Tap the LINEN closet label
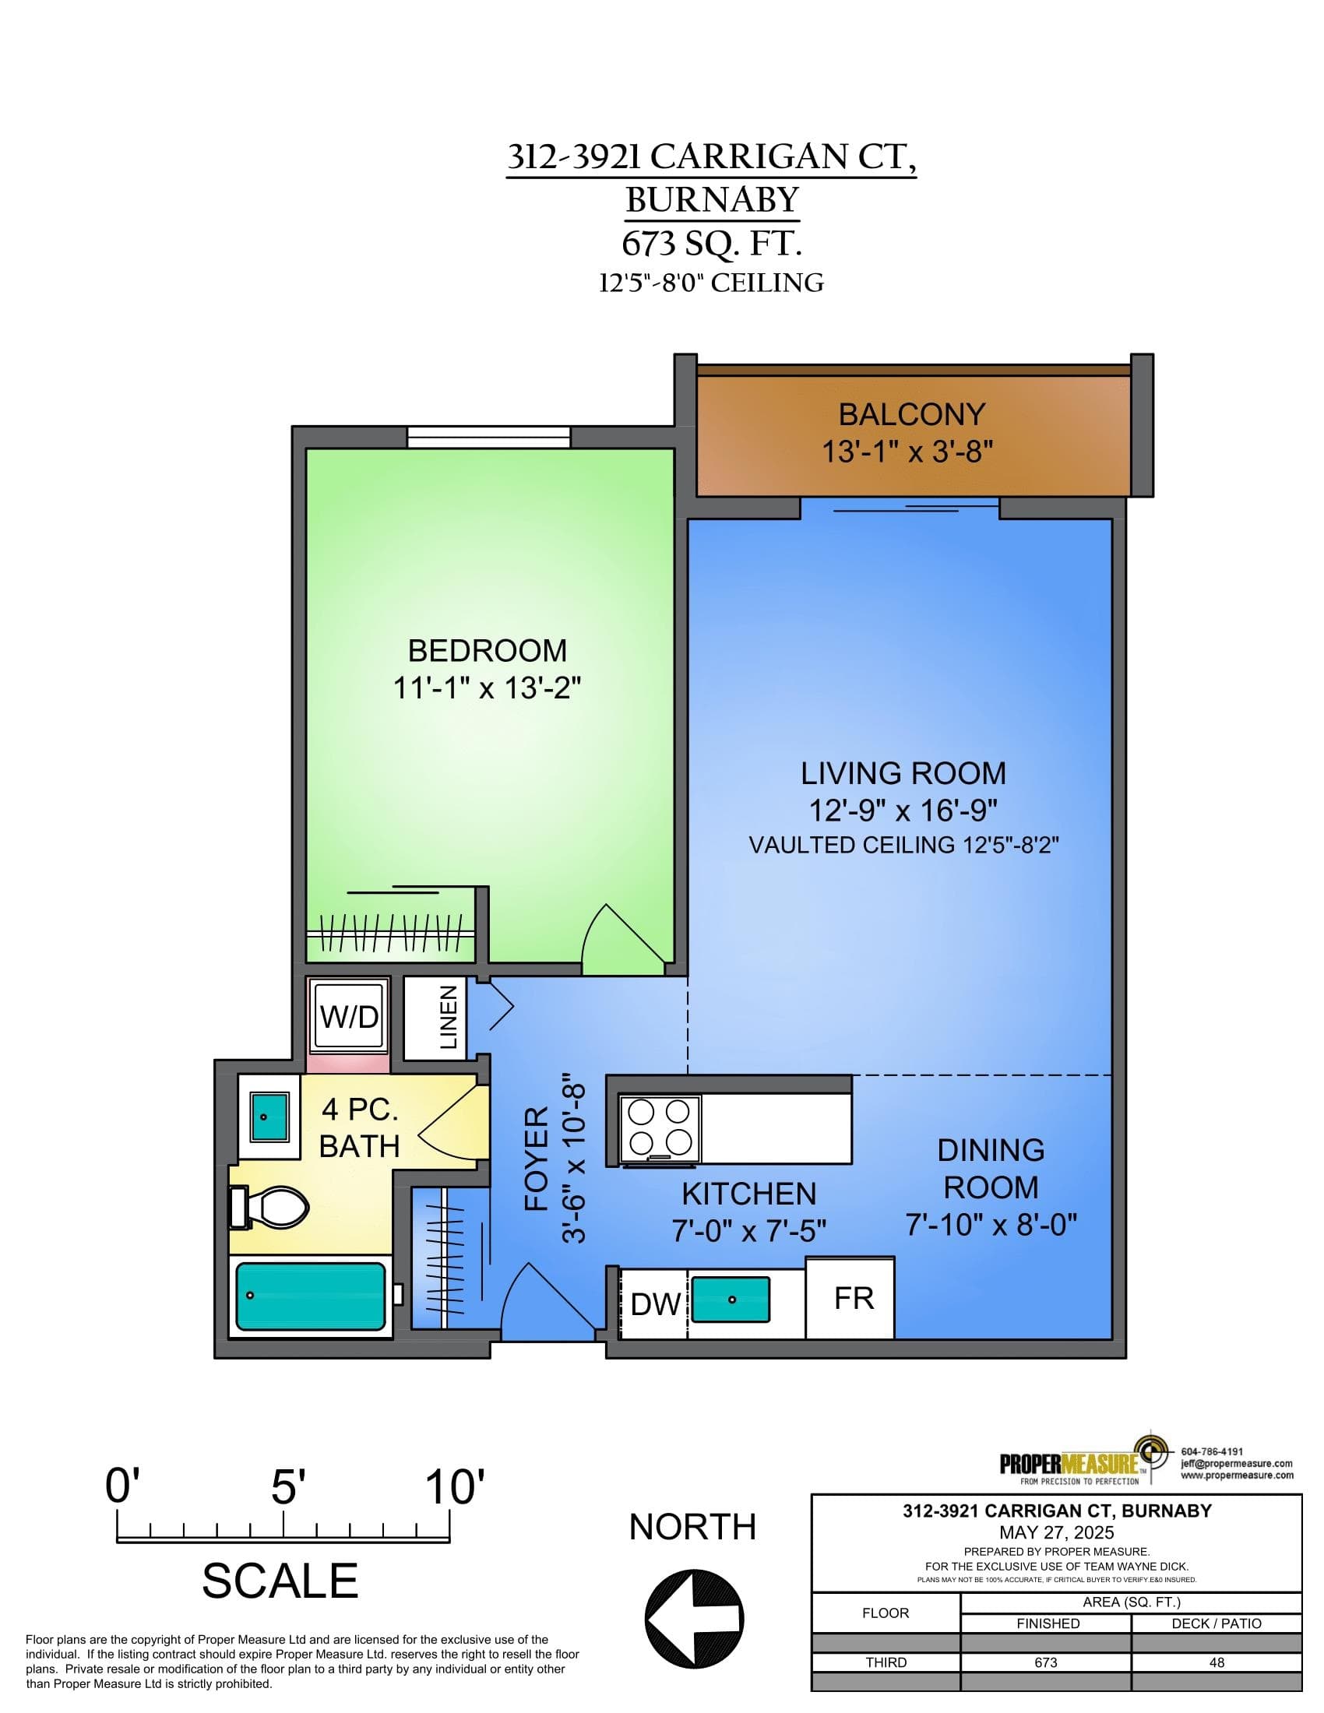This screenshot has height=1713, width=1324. (x=448, y=1018)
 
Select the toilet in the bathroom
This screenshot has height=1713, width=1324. (x=268, y=1207)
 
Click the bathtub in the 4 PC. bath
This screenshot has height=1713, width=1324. (x=312, y=1296)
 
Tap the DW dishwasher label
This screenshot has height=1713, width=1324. (x=656, y=1304)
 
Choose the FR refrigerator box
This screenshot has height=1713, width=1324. (x=850, y=1298)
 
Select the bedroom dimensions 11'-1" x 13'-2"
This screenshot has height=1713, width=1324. (x=486, y=688)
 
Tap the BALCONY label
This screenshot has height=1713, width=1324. (x=911, y=414)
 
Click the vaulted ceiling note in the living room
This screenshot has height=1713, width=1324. (x=903, y=845)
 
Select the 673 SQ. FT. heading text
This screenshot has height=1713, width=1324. (x=712, y=244)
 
